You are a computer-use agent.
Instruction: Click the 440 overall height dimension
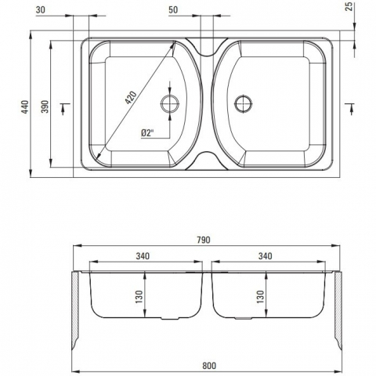25,107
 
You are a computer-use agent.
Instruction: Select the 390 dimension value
45,107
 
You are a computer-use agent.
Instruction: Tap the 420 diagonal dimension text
130,97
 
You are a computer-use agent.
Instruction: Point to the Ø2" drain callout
146,132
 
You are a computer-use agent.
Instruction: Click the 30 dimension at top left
41,9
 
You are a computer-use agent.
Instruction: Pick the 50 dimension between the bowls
173,9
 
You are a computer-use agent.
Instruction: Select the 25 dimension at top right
349,7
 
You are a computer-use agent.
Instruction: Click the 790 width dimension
204,240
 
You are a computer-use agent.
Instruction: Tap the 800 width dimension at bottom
209,366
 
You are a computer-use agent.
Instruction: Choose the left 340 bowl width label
143,256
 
